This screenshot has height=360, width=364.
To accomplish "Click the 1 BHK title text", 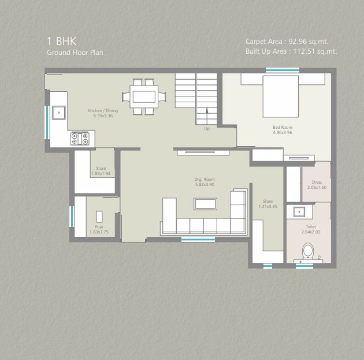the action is [61, 41].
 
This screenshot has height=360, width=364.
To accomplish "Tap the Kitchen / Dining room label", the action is [103, 111].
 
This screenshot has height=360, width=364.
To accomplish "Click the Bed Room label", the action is [283, 128].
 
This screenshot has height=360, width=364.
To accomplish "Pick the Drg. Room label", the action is [205, 179].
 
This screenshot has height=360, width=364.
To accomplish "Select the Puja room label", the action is [99, 227].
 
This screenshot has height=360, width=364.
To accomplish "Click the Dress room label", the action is [317, 182].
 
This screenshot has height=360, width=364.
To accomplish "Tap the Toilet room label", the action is [311, 227].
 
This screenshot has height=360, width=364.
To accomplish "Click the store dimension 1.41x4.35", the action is [268, 206].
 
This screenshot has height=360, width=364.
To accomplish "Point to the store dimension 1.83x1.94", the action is [101, 173].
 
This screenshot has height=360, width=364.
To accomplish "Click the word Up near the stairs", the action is [207, 129].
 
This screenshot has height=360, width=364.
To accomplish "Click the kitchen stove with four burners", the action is [80, 139].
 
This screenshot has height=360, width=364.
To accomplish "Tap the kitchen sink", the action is [59, 113].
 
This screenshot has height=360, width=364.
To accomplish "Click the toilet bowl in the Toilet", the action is [308, 251].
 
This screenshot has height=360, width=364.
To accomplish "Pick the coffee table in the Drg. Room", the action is [206, 204].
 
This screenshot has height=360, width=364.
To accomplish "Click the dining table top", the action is [144, 97].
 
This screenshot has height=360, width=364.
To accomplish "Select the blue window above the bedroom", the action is [283, 70].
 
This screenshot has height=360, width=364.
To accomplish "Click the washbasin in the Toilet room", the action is [299, 212].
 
